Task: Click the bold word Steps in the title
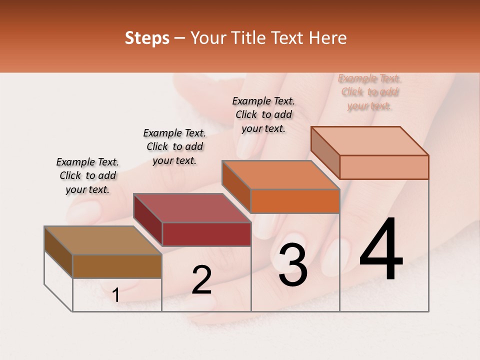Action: (147, 38)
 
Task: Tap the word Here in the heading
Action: (328, 38)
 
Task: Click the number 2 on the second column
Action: (202, 280)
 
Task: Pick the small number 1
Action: (116, 295)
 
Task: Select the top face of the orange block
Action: (280, 175)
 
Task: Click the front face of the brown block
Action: (117, 266)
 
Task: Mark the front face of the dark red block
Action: (206, 234)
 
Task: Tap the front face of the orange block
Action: (295, 201)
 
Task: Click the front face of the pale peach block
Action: (384, 167)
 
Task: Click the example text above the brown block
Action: (87, 176)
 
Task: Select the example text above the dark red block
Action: (174, 146)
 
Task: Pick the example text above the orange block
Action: (263, 114)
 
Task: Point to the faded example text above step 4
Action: (369, 92)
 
